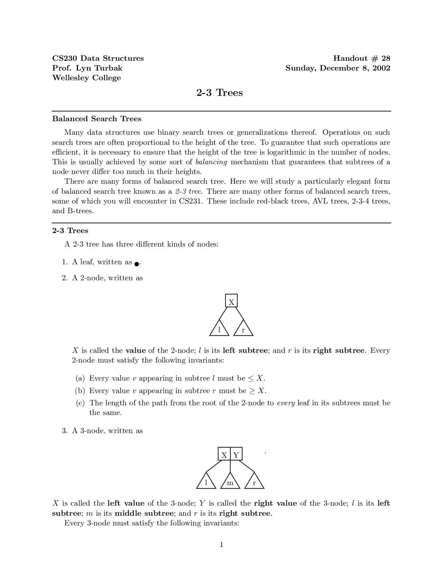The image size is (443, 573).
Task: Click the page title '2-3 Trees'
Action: click(x=219, y=93)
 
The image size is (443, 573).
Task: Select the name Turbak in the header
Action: click(x=108, y=68)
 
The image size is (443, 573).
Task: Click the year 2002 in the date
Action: click(x=381, y=68)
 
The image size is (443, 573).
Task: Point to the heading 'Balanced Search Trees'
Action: click(x=97, y=119)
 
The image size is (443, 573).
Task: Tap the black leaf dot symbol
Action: click(x=137, y=264)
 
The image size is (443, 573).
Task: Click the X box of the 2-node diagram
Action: click(x=231, y=301)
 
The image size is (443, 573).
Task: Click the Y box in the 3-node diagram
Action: click(x=236, y=454)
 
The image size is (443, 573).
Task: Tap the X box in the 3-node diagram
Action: click(x=224, y=454)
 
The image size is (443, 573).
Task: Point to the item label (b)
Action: click(x=80, y=391)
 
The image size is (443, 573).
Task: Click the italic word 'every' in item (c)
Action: click(x=286, y=403)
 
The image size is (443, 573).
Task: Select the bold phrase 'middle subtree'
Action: click(x=144, y=513)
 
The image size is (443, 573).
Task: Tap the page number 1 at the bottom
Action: click(x=221, y=545)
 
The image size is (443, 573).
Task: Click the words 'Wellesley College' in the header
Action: click(x=87, y=78)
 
